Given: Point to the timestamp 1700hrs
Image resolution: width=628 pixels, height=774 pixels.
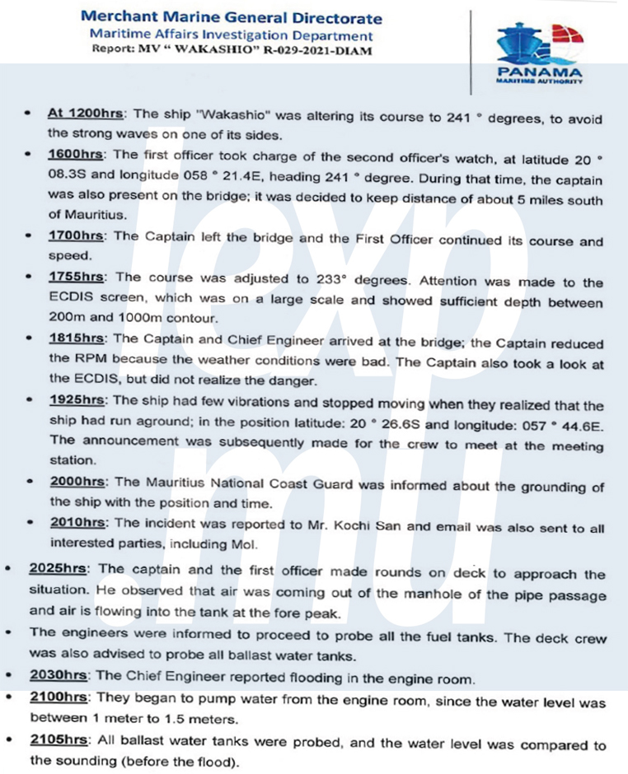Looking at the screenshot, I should coord(77,236).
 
